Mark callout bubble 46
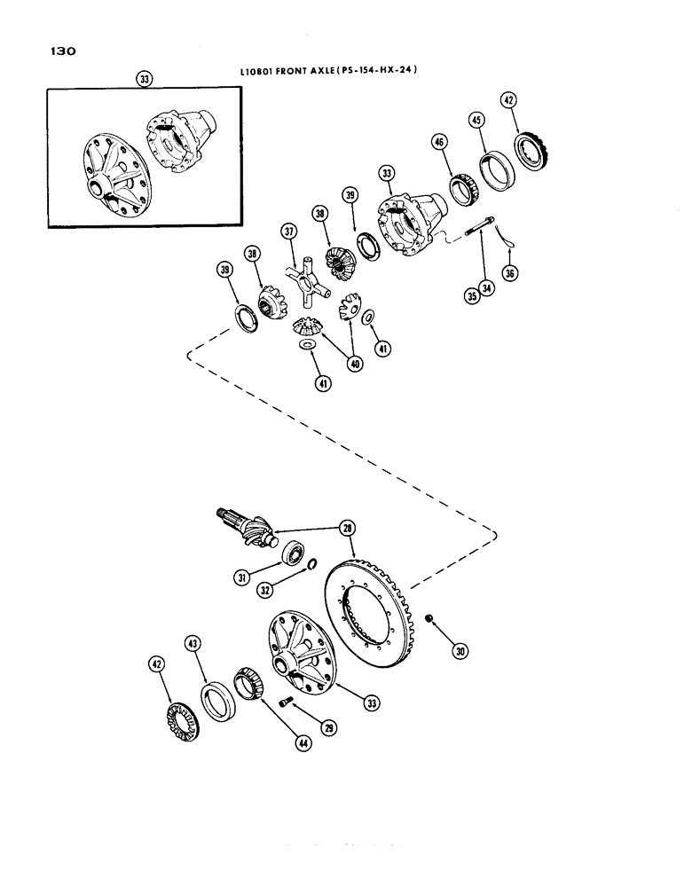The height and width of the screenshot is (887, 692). tap(438, 142)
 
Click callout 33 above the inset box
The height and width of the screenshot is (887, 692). tap(145, 78)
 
